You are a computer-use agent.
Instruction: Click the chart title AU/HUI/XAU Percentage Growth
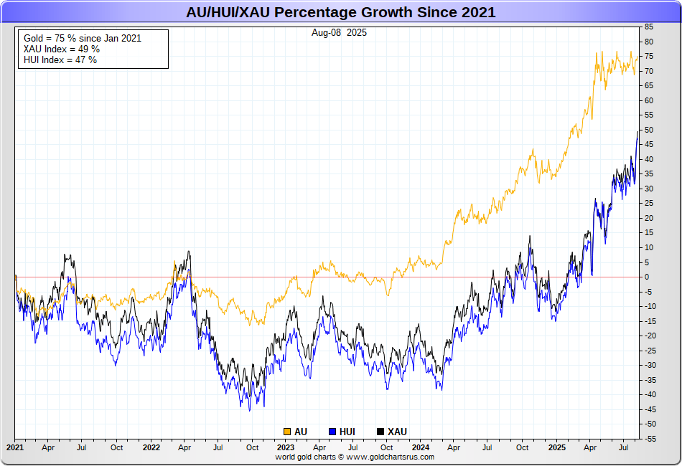point(340,13)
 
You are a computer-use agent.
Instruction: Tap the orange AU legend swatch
point(287,432)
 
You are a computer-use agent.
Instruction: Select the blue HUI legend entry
point(342,432)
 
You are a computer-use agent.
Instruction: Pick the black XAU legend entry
point(391,432)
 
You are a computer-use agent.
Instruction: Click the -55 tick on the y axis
point(650,439)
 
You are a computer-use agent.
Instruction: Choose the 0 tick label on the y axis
point(647,277)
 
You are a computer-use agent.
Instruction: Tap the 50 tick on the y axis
point(649,130)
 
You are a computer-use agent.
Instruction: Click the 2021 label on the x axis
point(15,447)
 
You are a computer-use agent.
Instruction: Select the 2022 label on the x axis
point(151,447)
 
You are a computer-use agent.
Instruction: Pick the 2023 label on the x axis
point(286,447)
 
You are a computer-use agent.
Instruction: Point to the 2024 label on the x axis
point(421,447)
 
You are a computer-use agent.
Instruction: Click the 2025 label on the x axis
point(557,447)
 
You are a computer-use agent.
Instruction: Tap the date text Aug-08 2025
point(340,33)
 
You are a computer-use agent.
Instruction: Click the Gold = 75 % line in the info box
point(82,38)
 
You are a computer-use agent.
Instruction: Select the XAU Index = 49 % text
point(61,49)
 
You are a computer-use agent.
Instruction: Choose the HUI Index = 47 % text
point(60,60)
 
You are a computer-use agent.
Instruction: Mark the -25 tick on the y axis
point(650,351)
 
